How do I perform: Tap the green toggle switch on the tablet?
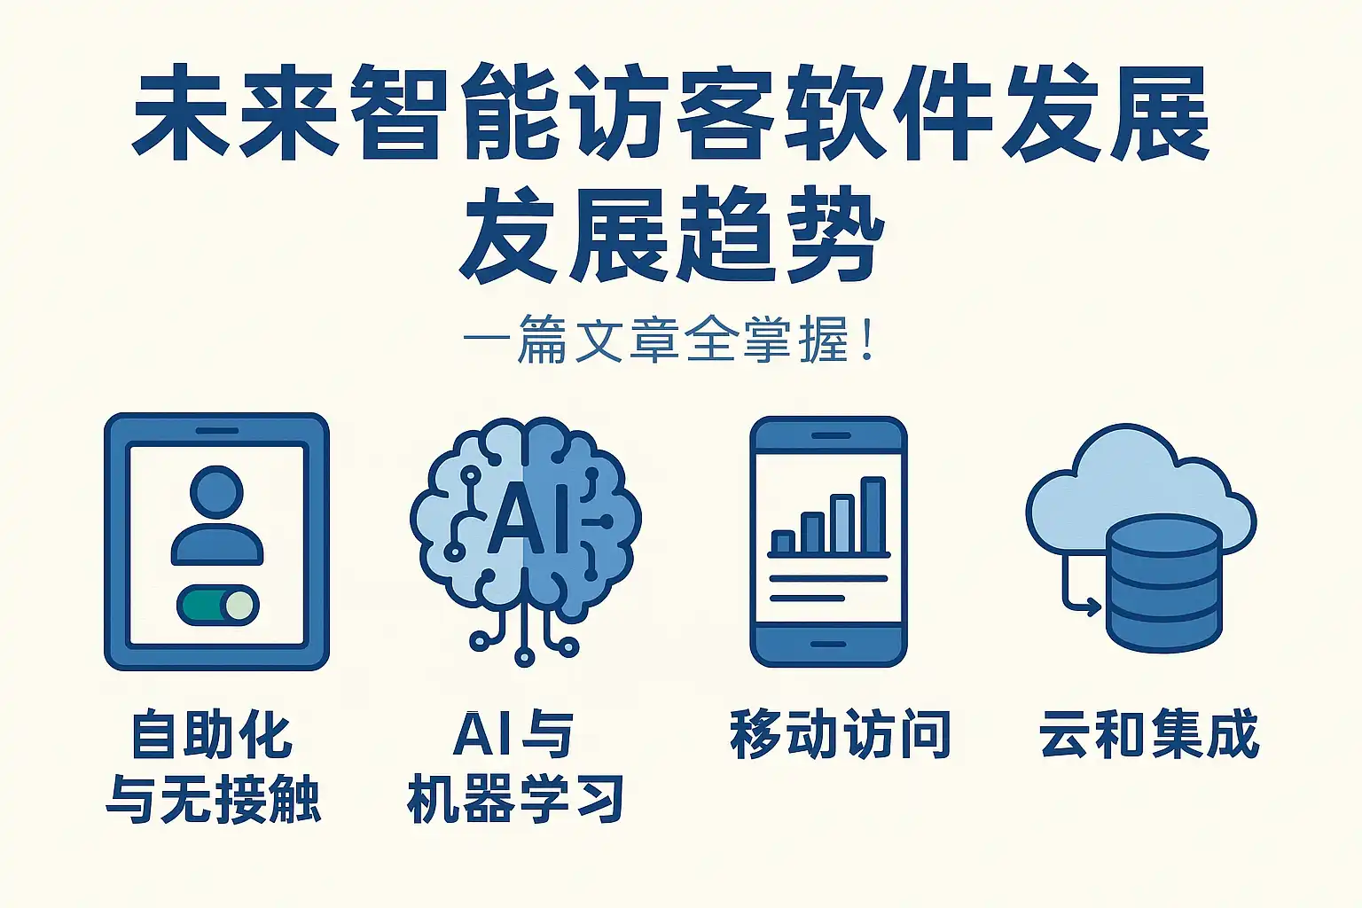(218, 606)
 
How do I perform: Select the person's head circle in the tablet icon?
(216, 492)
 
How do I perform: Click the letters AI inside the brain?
(528, 517)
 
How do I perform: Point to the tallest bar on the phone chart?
(873, 515)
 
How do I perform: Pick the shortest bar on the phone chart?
(783, 542)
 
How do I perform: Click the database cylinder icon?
(1163, 583)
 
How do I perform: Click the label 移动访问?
(840, 733)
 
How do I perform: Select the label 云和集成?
(1149, 733)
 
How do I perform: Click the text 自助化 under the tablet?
(212, 735)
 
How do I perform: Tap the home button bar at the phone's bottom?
(828, 644)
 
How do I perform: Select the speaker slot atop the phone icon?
(831, 435)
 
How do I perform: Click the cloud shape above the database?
(1140, 487)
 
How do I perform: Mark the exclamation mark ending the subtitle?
(868, 340)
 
